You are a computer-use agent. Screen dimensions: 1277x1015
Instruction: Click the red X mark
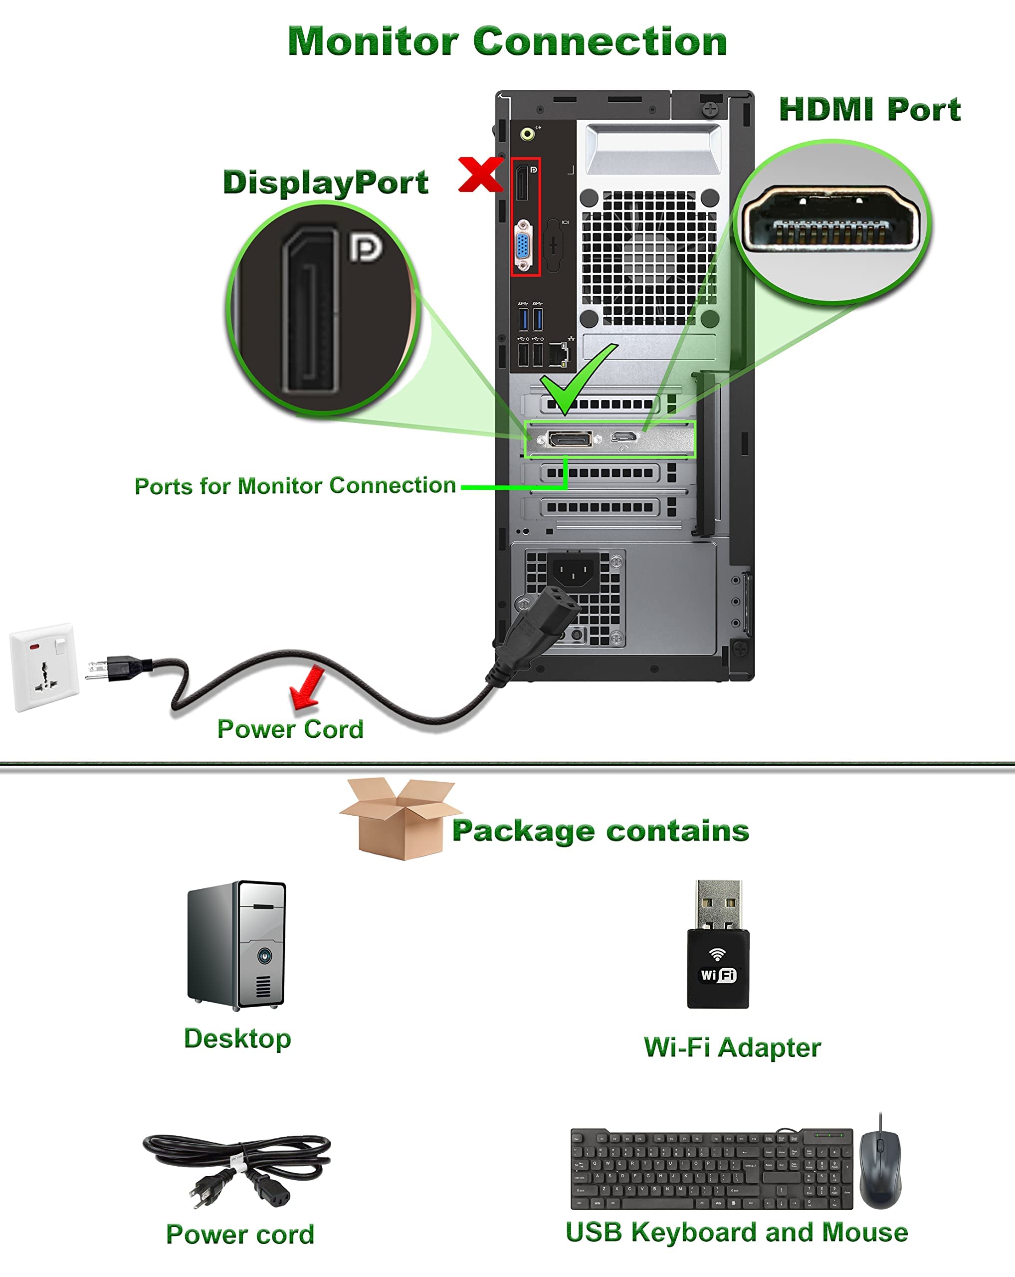[x=480, y=175]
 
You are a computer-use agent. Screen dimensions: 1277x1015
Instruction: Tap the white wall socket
[x=44, y=666]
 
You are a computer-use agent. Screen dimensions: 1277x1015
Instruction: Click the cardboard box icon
[x=399, y=819]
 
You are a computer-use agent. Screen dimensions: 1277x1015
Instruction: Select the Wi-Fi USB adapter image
[x=718, y=944]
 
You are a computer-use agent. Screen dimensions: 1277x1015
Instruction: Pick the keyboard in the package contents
[x=711, y=1169]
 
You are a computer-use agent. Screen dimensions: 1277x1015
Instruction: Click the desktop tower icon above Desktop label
[x=237, y=945]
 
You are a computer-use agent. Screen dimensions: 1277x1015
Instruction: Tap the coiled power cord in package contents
[x=237, y=1168]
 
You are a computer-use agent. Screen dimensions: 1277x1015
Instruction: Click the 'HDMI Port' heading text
[x=869, y=110]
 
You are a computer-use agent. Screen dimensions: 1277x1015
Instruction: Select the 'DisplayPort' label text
[x=325, y=182]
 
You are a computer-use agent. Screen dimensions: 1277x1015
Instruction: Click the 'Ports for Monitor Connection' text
[x=295, y=486]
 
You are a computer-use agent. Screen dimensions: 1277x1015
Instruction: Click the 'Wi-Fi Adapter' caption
[x=732, y=1047]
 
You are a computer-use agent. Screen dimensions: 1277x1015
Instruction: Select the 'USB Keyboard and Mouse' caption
[x=736, y=1232]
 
